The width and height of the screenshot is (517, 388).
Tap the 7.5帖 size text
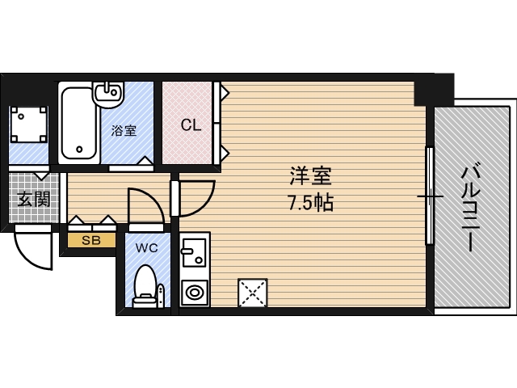(x=311, y=202)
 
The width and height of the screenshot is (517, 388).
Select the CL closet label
(x=191, y=125)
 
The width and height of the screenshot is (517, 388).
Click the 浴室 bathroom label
(x=124, y=130)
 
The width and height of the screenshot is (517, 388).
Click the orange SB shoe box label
(x=90, y=240)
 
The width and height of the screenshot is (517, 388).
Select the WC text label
(x=146, y=247)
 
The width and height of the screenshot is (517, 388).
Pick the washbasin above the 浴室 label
(x=107, y=94)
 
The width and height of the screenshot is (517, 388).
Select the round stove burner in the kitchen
(x=194, y=291)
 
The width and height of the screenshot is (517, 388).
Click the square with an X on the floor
(x=252, y=292)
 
